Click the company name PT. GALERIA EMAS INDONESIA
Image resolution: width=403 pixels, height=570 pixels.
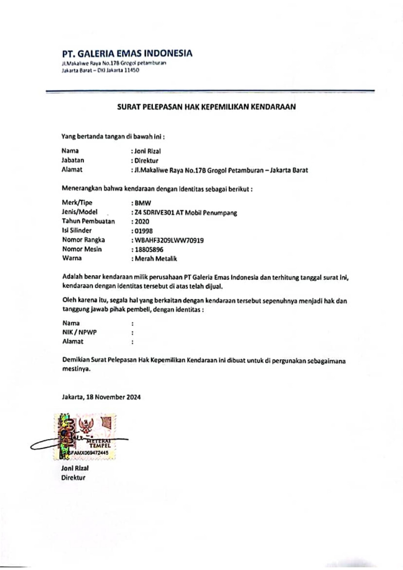tap(127, 53)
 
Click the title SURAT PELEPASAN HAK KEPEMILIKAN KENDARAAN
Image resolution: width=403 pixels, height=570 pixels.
tap(206, 107)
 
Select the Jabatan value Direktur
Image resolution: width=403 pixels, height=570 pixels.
tap(146, 160)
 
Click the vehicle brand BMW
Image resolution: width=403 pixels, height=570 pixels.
tap(143, 203)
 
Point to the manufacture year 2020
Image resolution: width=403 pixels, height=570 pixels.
tap(142, 222)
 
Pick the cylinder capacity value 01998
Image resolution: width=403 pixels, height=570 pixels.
tap(143, 231)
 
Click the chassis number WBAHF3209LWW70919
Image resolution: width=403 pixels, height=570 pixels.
tap(169, 240)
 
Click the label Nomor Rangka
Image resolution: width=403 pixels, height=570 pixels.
tap(83, 240)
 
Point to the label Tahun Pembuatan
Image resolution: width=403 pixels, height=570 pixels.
tap(88, 221)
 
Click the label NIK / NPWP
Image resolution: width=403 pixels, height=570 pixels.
tap(80, 332)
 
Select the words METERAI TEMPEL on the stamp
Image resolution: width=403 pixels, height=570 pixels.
tap(98, 443)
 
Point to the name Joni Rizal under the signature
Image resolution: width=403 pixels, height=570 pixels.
tap(75, 468)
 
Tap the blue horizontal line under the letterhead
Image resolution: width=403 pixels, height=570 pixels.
tap(210, 91)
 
